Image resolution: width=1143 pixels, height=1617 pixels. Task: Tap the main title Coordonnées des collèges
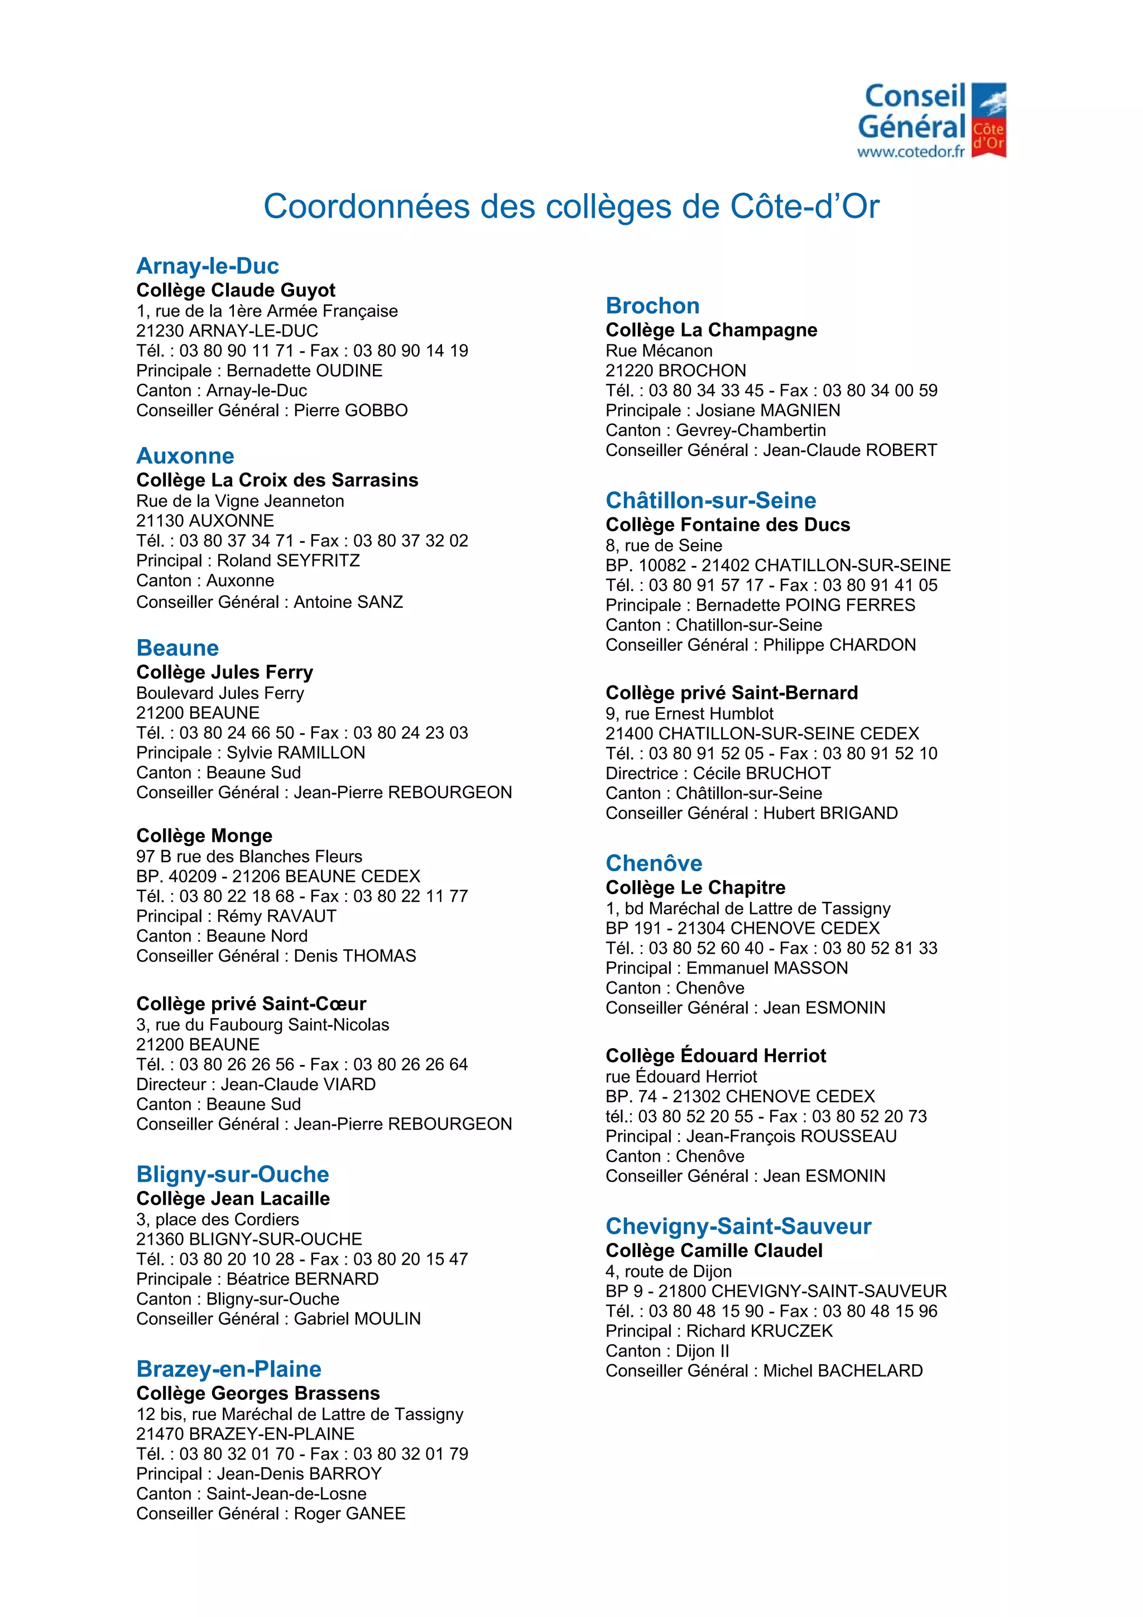tap(571, 207)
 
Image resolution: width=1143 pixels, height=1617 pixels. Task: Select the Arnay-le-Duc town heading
tap(208, 266)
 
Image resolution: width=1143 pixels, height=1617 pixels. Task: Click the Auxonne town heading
tap(185, 455)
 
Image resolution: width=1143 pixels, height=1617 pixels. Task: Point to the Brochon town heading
tap(652, 306)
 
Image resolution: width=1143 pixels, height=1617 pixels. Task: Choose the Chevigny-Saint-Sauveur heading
tap(738, 1226)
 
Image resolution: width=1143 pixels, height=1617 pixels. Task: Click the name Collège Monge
tap(204, 835)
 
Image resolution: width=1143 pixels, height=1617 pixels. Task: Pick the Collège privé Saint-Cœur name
tap(251, 1004)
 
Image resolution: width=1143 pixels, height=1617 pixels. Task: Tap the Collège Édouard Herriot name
tap(715, 1055)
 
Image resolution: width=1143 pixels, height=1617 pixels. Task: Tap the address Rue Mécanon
tap(659, 351)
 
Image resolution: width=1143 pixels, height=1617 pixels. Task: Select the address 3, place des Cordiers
tap(218, 1219)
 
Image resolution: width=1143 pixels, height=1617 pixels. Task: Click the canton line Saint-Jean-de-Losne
tap(286, 1493)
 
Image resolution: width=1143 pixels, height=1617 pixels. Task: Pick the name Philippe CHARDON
tap(839, 645)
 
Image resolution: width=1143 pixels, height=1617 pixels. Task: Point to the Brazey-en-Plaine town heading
tap(229, 1369)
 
